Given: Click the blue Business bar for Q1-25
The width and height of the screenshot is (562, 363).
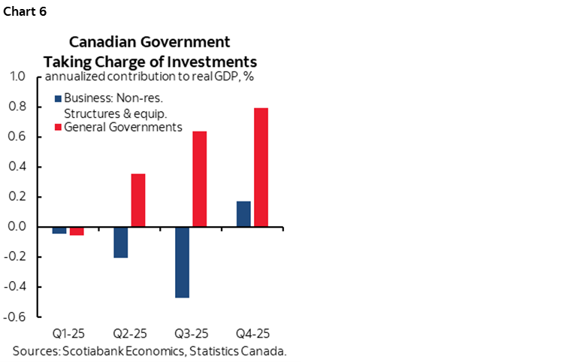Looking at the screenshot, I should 59,230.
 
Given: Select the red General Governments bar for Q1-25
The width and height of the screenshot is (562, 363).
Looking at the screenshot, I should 76,231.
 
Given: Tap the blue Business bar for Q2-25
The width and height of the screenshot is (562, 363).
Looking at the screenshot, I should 121,242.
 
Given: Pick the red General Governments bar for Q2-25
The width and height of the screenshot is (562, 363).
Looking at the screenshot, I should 138,200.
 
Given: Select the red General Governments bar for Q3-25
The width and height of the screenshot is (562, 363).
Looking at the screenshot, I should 199,179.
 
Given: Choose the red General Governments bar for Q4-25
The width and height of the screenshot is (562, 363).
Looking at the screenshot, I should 261,167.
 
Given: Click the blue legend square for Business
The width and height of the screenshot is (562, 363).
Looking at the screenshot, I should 59,98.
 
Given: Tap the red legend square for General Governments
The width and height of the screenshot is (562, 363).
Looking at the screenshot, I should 59,127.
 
